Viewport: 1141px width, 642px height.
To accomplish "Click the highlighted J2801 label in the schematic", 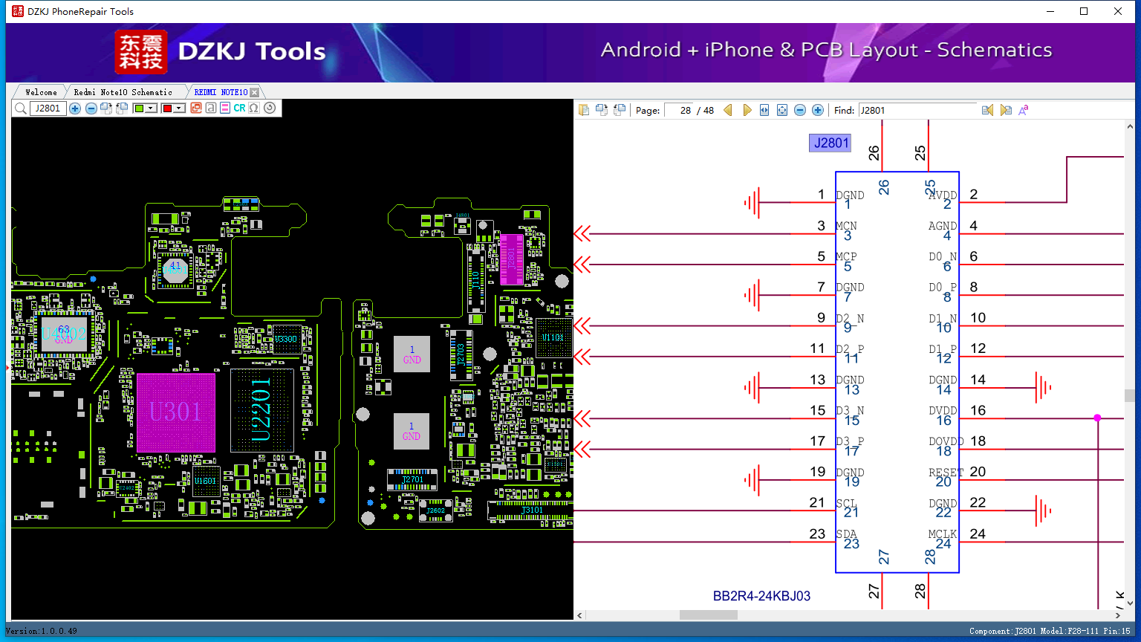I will [x=830, y=143].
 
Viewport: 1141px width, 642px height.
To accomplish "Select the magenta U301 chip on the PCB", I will [x=176, y=412].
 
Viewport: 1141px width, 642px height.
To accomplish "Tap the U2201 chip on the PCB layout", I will [x=261, y=409].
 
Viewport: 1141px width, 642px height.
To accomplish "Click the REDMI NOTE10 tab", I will [x=221, y=92].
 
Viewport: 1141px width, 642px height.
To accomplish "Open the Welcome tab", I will [x=41, y=92].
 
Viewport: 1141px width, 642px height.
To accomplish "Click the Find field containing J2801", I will [x=917, y=110].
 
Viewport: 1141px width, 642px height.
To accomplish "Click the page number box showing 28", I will [x=679, y=110].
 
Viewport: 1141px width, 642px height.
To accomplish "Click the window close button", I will [x=1117, y=11].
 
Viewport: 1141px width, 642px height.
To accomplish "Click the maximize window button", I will [x=1084, y=11].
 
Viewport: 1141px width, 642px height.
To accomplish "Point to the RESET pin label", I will [x=945, y=473].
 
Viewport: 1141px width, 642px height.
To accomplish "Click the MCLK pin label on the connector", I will [x=942, y=534].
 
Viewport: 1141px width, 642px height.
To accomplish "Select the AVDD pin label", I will [x=942, y=195].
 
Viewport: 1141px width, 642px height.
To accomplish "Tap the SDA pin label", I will [x=846, y=534].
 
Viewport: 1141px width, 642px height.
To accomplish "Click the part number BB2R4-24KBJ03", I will [x=761, y=596].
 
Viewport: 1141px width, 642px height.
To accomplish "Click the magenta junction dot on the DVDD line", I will [x=1097, y=418].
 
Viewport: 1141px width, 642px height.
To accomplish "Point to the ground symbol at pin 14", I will [x=1043, y=387].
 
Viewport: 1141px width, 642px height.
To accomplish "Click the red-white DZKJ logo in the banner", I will [x=141, y=52].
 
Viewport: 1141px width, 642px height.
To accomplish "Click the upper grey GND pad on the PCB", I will [x=412, y=354].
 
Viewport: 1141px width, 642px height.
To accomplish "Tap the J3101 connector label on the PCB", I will [x=532, y=510].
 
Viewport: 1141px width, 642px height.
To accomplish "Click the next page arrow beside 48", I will [x=747, y=110].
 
